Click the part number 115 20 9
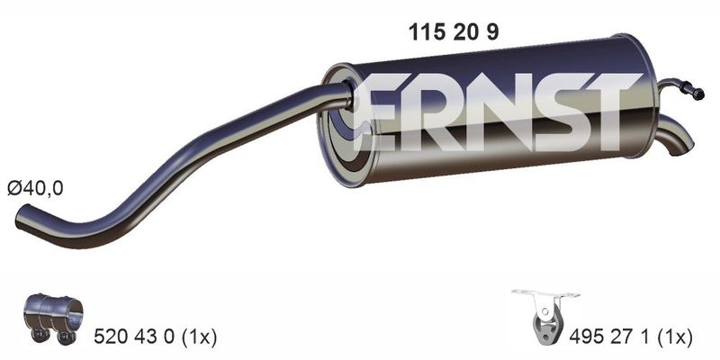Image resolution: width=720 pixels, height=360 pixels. point(454,32)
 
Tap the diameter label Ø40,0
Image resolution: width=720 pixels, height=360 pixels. point(35,188)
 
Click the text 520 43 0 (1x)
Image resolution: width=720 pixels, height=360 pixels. point(155,337)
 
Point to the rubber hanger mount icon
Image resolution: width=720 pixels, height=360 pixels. point(545,316)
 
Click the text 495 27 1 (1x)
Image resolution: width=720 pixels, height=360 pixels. point(631,337)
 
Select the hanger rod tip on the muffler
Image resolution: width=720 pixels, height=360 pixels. point(698,94)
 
